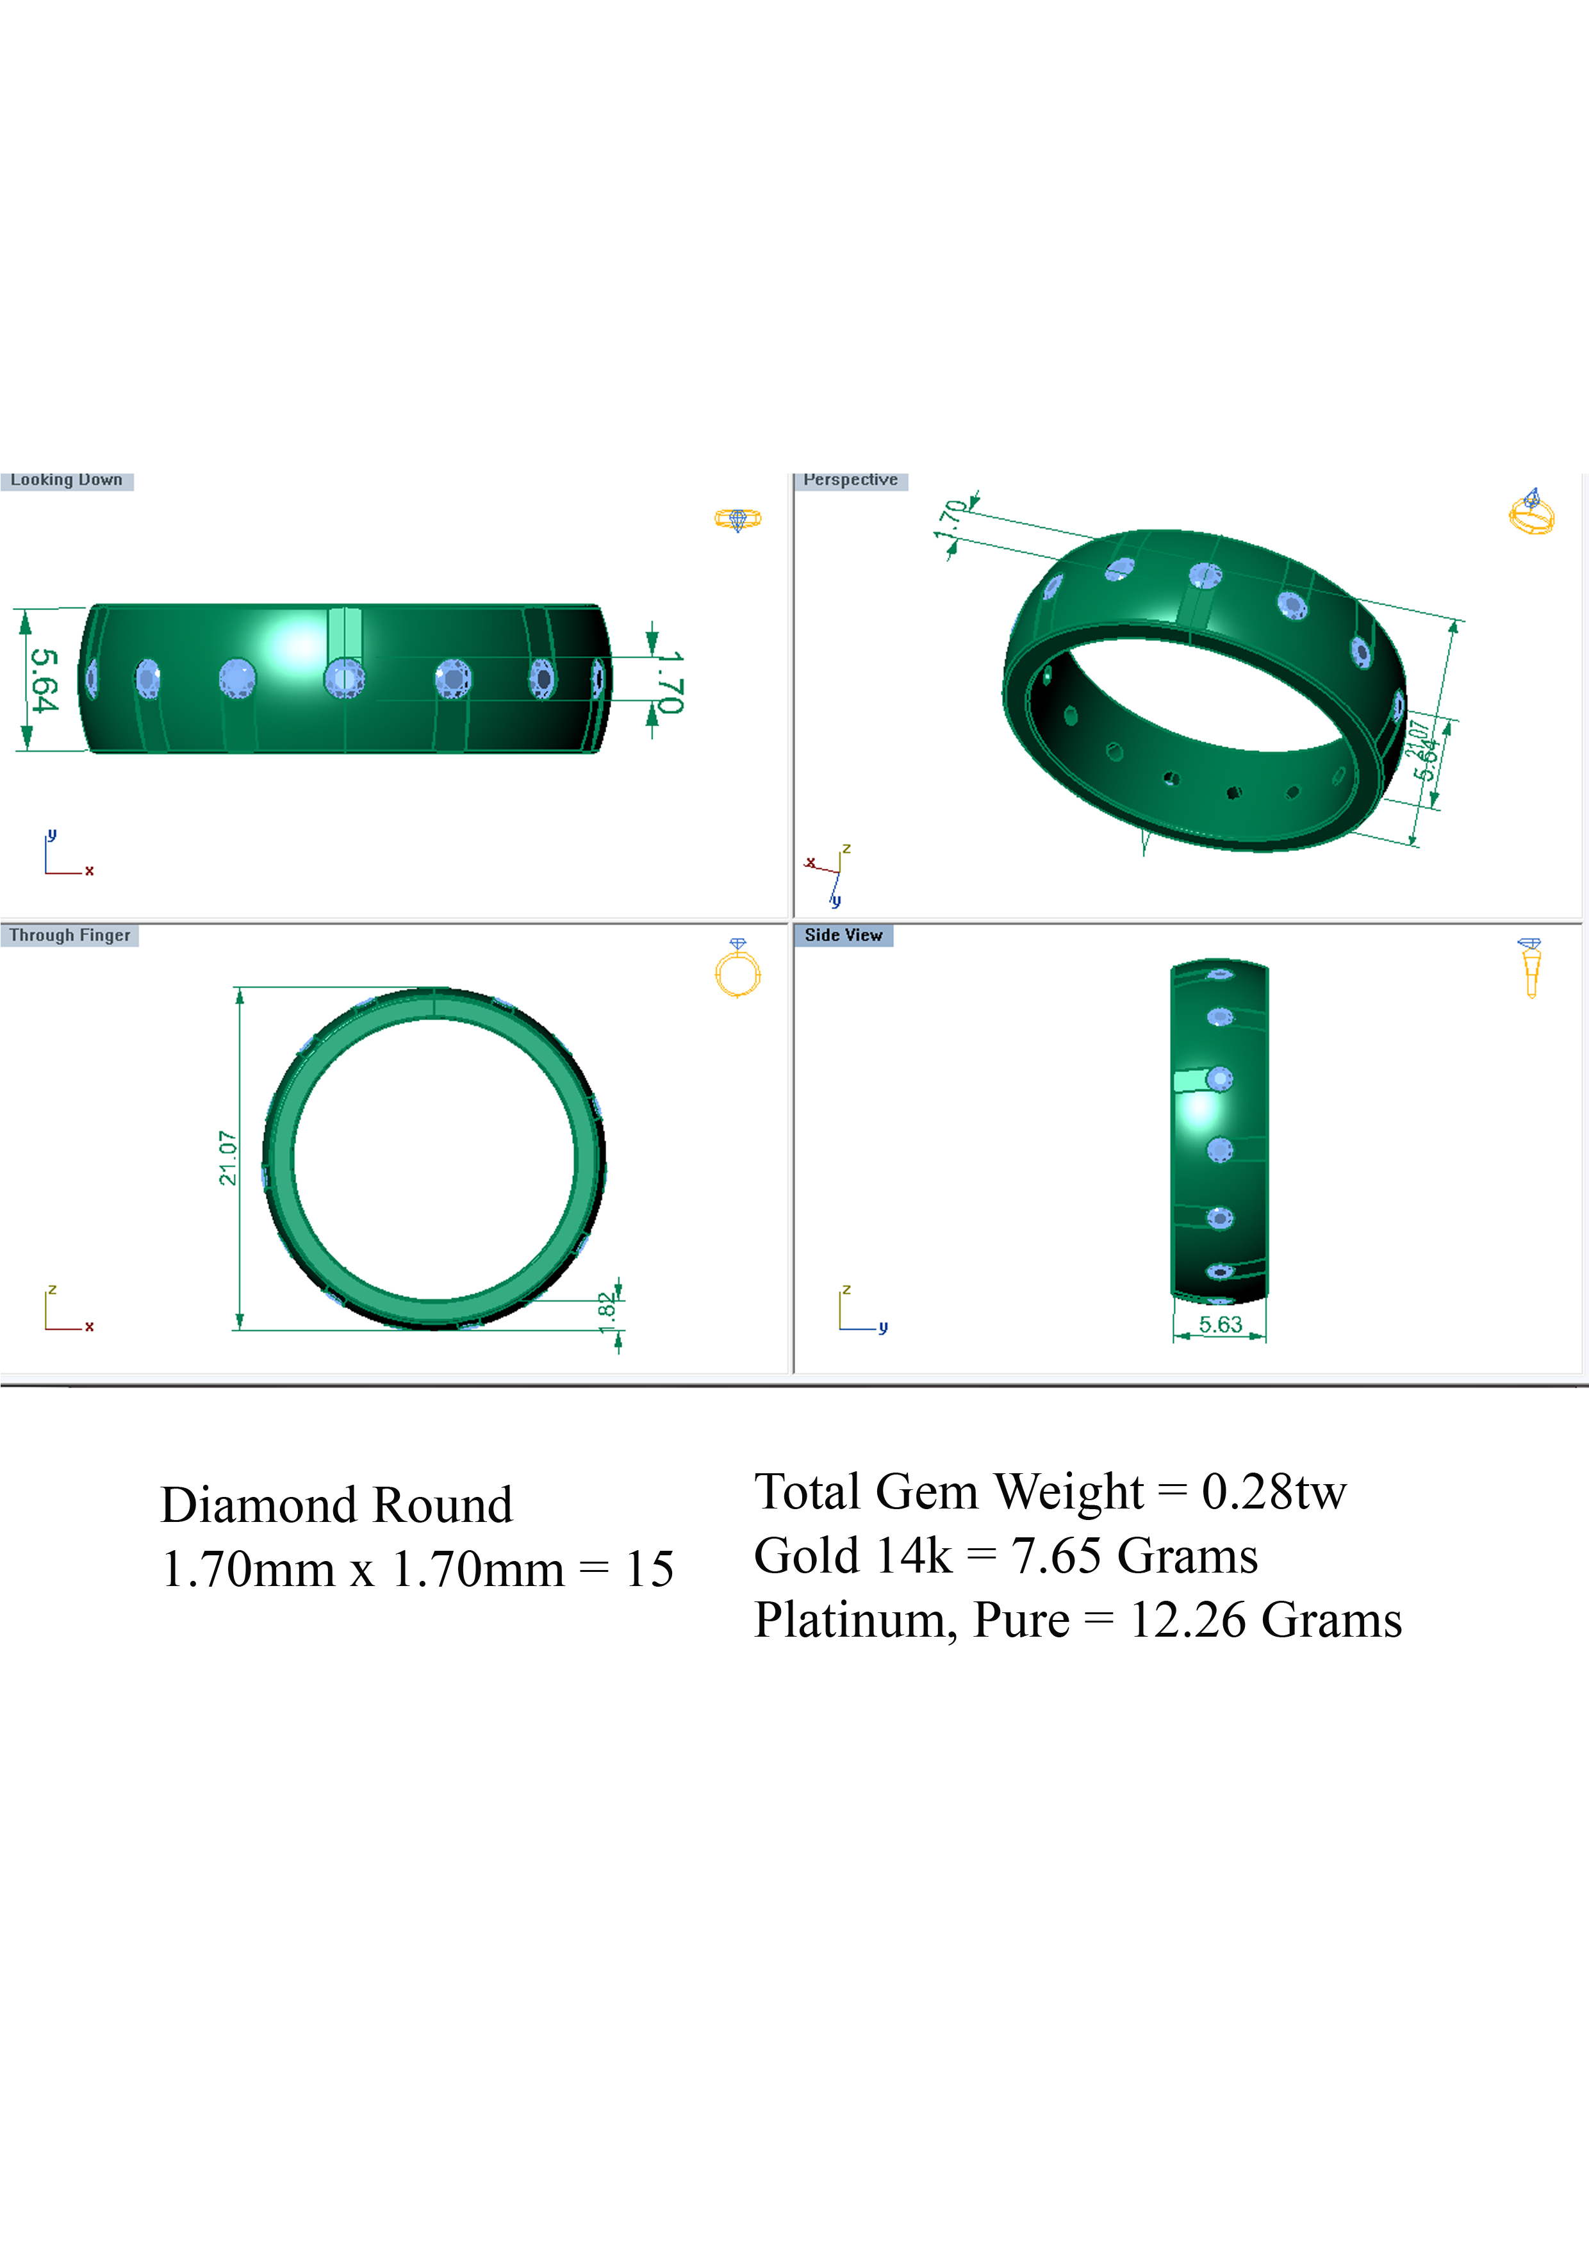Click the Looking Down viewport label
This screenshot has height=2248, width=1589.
point(67,480)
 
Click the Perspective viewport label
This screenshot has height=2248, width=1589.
point(850,480)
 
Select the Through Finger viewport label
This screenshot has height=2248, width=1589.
point(69,935)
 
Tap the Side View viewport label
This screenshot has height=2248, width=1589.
point(843,935)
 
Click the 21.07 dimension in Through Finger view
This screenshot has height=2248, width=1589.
point(227,1158)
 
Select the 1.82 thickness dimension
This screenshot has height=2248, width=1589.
point(607,1312)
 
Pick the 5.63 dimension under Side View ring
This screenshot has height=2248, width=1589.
point(1220,1325)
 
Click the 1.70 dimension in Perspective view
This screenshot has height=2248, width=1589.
point(951,519)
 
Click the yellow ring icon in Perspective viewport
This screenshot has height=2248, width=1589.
point(1531,511)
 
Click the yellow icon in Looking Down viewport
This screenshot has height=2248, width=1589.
point(737,519)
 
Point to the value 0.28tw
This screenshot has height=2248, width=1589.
point(1274,1491)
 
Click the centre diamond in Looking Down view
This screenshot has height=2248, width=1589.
point(343,677)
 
